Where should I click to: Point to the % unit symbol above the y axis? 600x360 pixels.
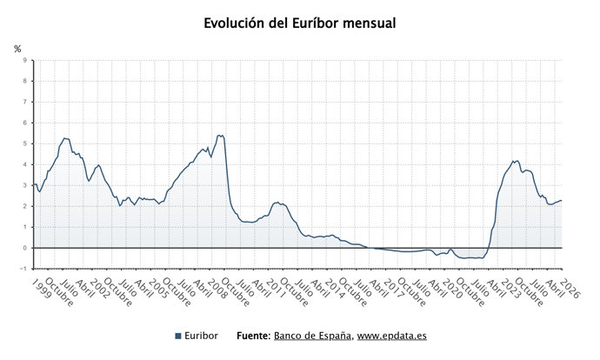click(17, 49)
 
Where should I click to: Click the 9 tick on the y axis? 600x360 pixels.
click(24, 61)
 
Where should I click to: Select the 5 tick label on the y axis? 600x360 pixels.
click(24, 143)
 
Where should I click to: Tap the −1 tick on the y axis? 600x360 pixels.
click(23, 269)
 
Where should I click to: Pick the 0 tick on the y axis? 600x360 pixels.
click(24, 248)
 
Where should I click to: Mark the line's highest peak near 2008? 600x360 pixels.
click(219, 136)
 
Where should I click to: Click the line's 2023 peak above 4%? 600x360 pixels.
click(516, 161)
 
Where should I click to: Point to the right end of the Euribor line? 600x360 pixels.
click(562, 201)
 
